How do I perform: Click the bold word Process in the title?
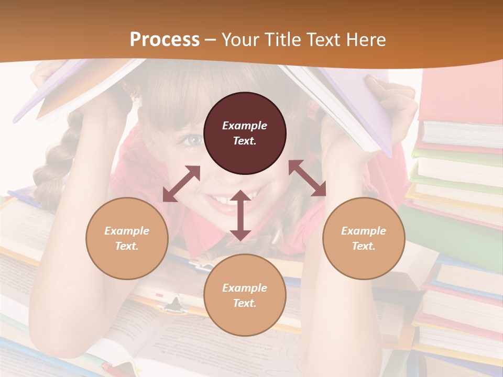pos(165,40)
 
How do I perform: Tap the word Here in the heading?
pos(366,40)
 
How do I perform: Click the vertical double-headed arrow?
pos(240,215)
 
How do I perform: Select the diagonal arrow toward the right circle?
pos(308,178)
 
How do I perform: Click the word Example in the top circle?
pos(245,126)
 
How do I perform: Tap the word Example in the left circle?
pos(127,231)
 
